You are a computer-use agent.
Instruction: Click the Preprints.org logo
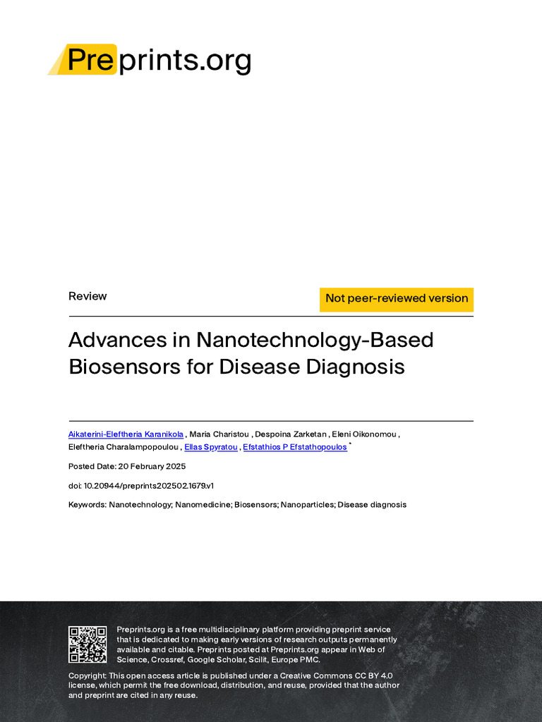[150, 61]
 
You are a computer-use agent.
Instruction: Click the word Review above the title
[88, 296]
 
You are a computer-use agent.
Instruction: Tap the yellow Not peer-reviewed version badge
[396, 298]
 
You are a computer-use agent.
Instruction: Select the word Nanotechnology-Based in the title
[315, 340]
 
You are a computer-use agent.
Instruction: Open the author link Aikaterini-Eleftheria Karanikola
[126, 434]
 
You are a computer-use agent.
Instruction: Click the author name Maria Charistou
[219, 434]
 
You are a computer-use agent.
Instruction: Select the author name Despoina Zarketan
[291, 434]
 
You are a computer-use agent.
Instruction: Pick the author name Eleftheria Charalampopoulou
[124, 448]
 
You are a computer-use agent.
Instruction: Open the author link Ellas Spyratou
[210, 448]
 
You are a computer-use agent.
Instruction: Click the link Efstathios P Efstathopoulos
[294, 448]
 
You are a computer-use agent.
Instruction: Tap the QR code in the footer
[88, 644]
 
